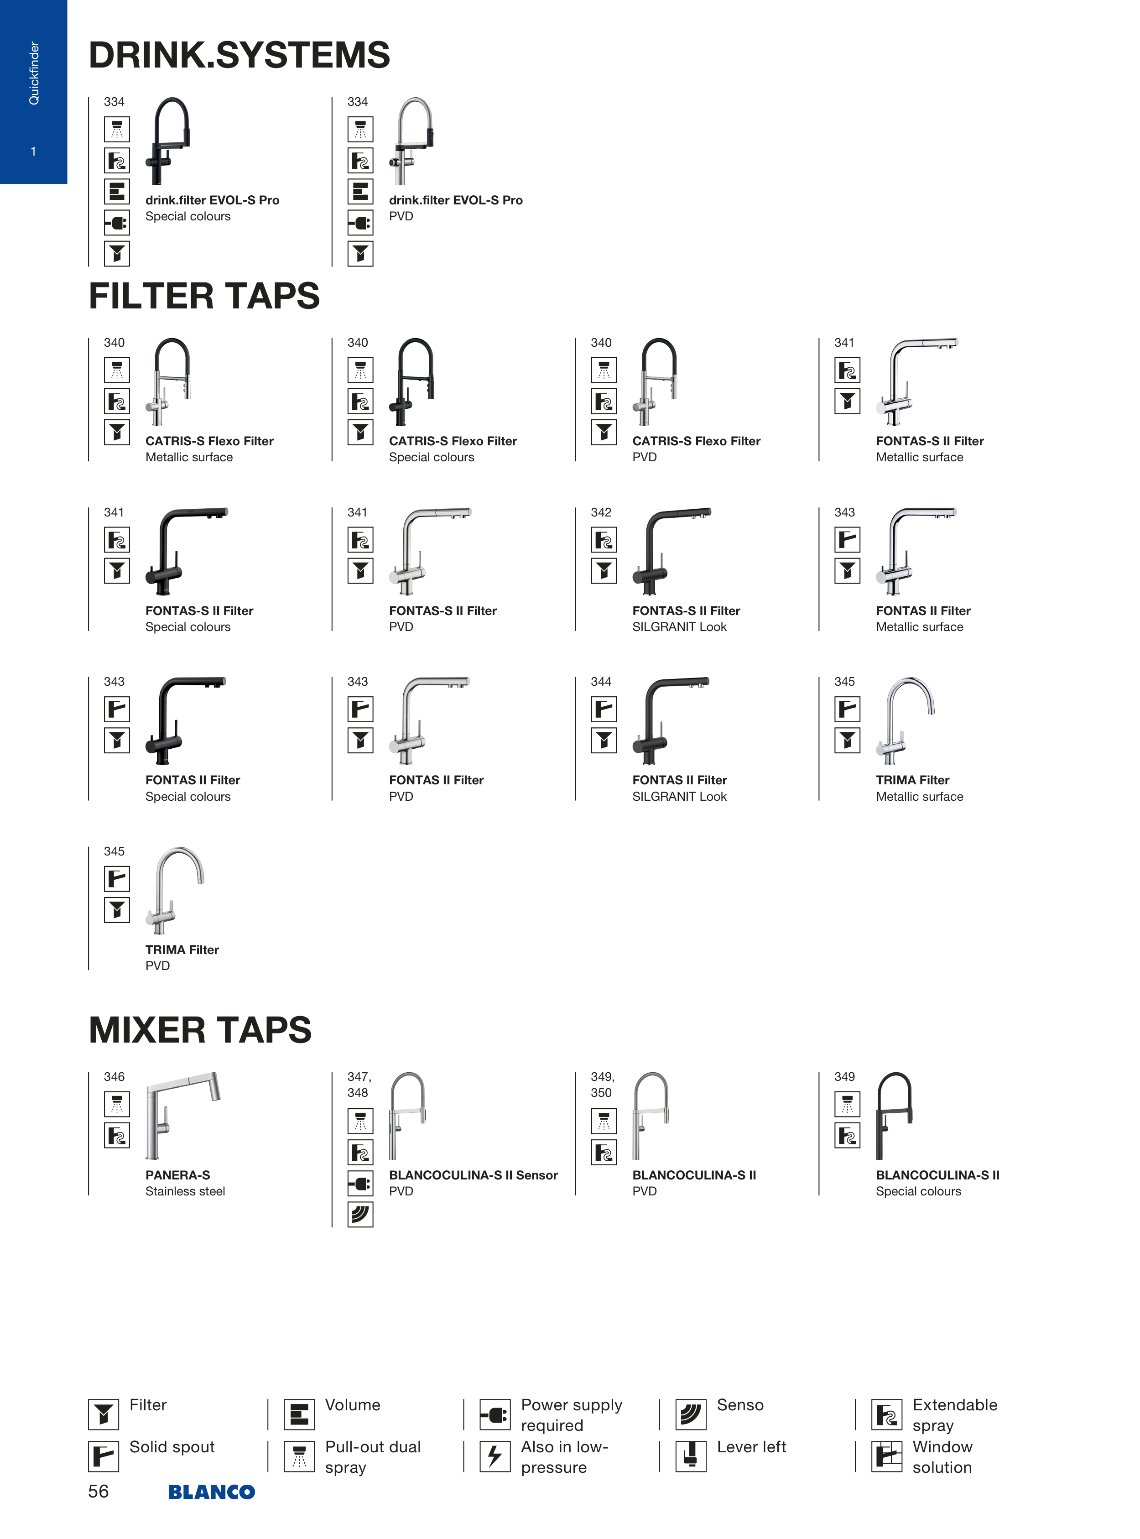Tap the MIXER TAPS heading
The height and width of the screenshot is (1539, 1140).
[x=200, y=1030]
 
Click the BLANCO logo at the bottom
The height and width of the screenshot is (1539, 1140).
[x=212, y=1492]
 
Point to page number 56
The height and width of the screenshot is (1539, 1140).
[x=98, y=1492]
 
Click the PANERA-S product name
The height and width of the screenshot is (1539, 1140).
[x=177, y=1174]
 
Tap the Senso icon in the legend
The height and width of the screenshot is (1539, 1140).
[x=691, y=1414]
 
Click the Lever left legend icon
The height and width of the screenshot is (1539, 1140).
[x=691, y=1456]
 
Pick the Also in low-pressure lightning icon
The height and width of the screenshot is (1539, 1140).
[x=495, y=1456]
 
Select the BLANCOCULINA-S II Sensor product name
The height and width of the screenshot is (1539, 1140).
[x=473, y=1174]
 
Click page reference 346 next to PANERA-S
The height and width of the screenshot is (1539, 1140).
[x=114, y=1077]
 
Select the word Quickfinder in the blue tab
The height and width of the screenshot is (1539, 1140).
[x=34, y=73]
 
